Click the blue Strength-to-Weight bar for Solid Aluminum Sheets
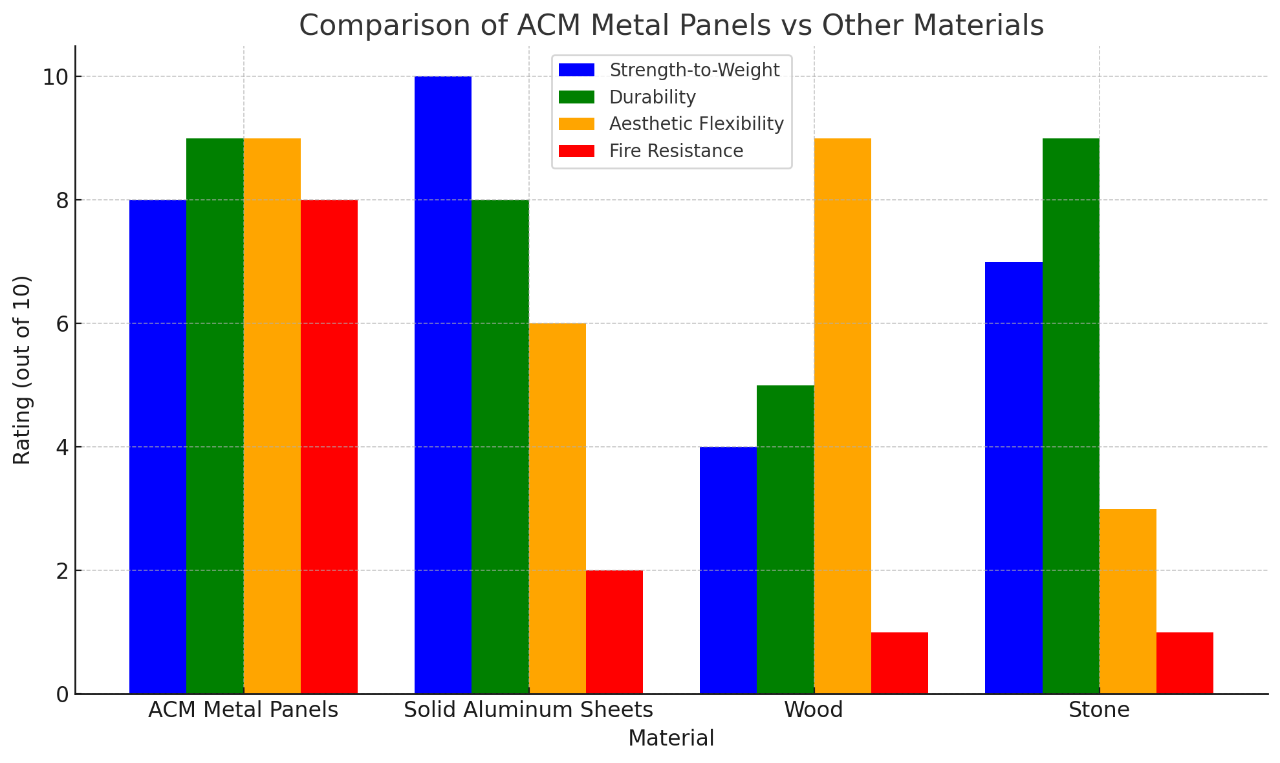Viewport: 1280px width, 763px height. [443, 385]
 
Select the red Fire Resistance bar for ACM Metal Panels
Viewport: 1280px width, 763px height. [329, 446]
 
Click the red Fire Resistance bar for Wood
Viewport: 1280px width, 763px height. [899, 663]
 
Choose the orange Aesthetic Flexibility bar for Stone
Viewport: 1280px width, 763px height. [1127, 601]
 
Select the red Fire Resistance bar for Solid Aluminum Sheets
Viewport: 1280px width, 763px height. [614, 632]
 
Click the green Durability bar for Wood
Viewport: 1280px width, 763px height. [785, 539]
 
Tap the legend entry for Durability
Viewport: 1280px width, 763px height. [652, 97]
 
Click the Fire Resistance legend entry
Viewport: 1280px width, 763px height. [675, 151]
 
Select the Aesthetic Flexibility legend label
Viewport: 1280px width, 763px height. [696, 124]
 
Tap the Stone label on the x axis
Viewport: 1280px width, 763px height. [1099, 710]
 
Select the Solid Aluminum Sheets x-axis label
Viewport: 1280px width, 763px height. [528, 710]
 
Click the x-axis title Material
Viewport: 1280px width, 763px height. [671, 738]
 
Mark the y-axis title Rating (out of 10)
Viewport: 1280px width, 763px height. [22, 370]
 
